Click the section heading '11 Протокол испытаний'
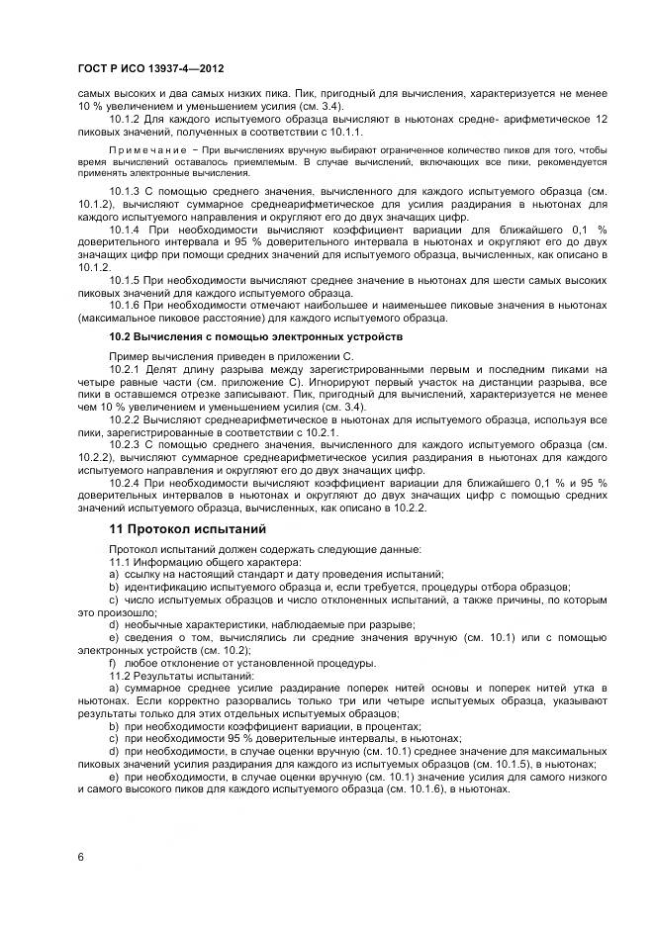click(x=188, y=529)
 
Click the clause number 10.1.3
click(x=127, y=188)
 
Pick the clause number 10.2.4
click(x=127, y=482)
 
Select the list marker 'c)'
click(x=114, y=600)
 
